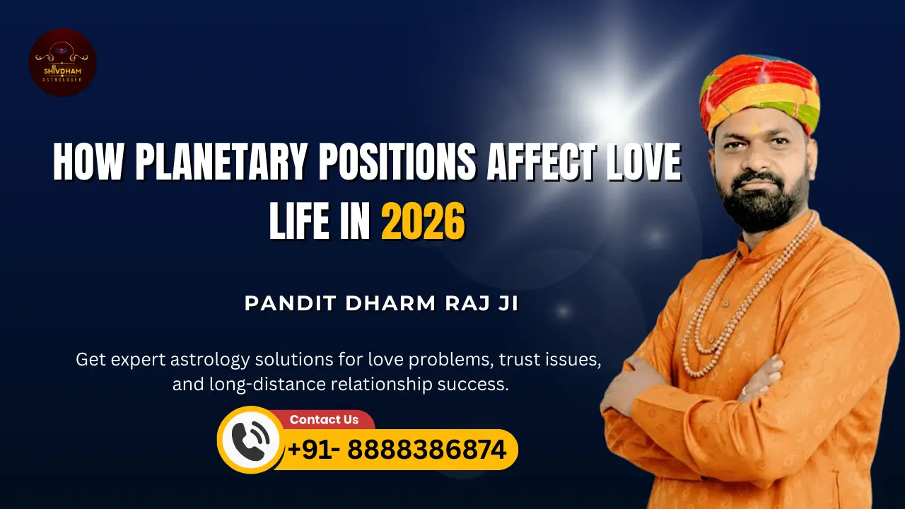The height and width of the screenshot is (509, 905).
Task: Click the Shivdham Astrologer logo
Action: tap(62, 62)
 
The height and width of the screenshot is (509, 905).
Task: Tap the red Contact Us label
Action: tap(324, 419)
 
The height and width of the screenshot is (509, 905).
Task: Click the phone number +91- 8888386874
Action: tap(397, 450)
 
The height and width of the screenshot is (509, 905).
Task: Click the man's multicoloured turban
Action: tap(759, 92)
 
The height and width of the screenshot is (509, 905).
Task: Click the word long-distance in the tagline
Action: tap(279, 385)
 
